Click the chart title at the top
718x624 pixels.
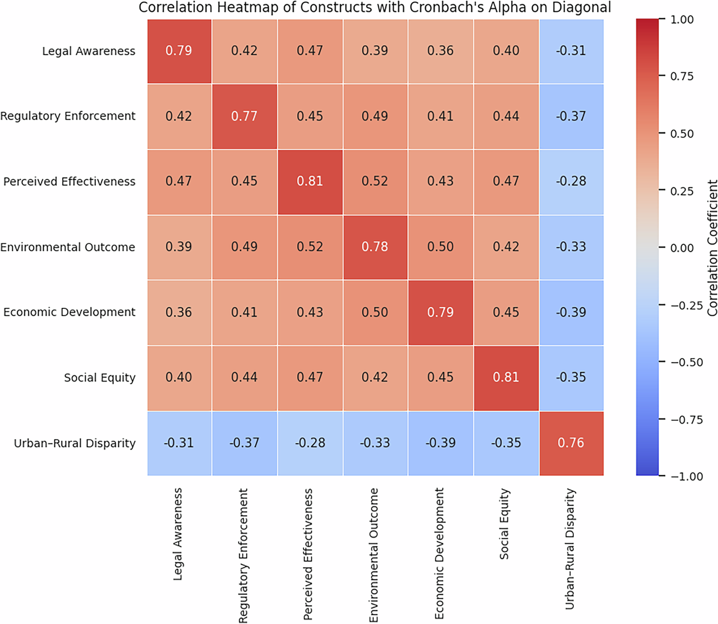coord(374,7)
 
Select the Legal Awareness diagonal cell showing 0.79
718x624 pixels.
coord(179,51)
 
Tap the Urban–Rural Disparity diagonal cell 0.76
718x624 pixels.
coord(571,443)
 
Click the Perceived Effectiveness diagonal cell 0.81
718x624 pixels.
coord(310,182)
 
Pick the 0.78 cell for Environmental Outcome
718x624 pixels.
coord(375,247)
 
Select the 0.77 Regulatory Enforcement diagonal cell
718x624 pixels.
coord(244,116)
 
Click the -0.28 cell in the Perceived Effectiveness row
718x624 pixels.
coord(571,182)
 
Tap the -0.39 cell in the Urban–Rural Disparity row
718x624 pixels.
coord(440,443)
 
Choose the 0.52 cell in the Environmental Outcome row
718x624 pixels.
coord(310,247)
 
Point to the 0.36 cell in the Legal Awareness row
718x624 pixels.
coord(440,51)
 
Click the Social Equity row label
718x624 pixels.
coord(99,378)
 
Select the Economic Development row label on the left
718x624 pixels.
coord(69,313)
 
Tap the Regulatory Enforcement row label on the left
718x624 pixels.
coord(68,116)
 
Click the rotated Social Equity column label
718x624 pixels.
coord(504,524)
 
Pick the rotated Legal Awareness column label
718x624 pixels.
coord(178,534)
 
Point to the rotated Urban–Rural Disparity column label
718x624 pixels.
coord(570,549)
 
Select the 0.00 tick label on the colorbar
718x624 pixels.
coord(682,248)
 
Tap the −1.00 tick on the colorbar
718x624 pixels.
coord(682,476)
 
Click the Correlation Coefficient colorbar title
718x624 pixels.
coord(712,248)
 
